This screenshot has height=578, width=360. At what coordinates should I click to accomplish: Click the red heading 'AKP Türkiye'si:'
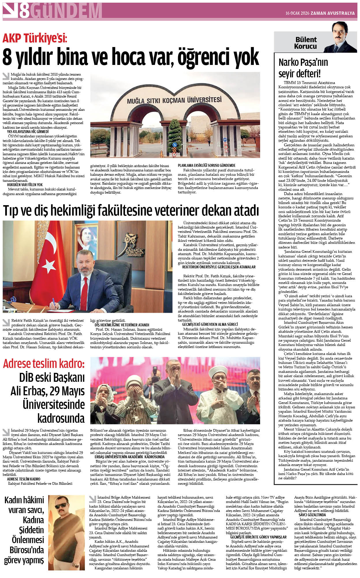pos(35,38)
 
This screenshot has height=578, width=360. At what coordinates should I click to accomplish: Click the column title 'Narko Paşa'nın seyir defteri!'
pos(303,68)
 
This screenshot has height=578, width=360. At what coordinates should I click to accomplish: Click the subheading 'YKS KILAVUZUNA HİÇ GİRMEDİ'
pos(28,131)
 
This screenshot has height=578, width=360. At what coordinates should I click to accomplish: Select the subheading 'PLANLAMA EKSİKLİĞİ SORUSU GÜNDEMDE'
pos(206,165)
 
